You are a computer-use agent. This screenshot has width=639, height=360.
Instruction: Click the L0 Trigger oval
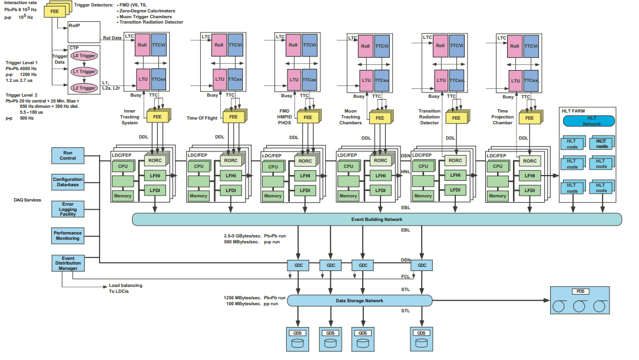click(x=84, y=55)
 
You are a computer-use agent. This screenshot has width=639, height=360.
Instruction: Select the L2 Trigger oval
click(x=84, y=88)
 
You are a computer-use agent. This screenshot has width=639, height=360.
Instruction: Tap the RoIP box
click(x=74, y=27)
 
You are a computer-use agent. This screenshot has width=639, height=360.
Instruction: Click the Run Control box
click(x=68, y=156)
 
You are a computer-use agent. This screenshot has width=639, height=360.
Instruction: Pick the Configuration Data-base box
click(x=68, y=182)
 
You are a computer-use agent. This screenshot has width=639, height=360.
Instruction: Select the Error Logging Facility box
click(x=68, y=209)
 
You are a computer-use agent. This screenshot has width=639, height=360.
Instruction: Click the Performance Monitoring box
click(x=68, y=236)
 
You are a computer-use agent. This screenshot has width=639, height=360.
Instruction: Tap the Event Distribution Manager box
click(x=68, y=263)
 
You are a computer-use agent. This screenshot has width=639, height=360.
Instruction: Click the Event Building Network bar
click(x=376, y=219)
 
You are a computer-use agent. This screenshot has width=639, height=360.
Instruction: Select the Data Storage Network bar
click(x=359, y=300)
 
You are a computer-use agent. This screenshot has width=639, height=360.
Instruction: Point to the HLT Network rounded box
click(x=588, y=121)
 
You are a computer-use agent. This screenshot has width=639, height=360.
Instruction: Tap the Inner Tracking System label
click(x=130, y=117)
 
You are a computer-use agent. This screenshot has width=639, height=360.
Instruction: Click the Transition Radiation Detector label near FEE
click(x=429, y=117)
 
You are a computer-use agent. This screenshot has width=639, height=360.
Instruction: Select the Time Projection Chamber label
click(x=502, y=117)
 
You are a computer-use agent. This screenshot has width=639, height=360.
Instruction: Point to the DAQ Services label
click(x=28, y=200)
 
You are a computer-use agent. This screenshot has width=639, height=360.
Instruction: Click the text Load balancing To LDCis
click(x=125, y=288)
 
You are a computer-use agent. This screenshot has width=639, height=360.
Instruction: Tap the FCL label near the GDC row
click(x=405, y=276)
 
